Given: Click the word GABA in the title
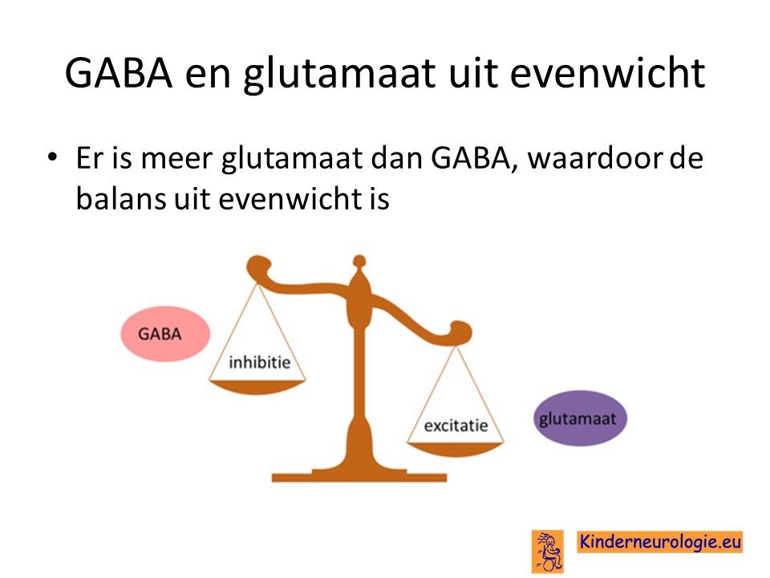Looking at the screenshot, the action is (119, 73).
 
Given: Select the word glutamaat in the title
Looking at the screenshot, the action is (339, 75).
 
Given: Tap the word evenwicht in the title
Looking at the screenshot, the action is (607, 73).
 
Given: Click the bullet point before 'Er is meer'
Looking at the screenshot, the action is (52, 157).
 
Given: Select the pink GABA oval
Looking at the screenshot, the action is (165, 334).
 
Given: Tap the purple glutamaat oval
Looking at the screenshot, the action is (580, 418).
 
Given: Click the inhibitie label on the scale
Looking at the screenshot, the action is (260, 363).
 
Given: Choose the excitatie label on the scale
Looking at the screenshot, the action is (456, 425).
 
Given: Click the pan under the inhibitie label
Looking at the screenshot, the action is (257, 387).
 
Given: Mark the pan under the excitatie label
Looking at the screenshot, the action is (456, 450).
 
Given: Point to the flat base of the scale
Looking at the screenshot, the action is (359, 476).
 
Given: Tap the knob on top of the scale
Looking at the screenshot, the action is (359, 261).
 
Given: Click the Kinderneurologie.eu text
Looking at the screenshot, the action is (660, 542).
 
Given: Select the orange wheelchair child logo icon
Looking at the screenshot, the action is (548, 552).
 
